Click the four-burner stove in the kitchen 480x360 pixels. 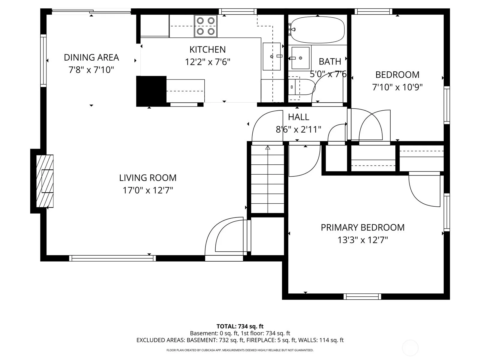pos(205,26)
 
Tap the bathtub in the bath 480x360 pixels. pos(317,30)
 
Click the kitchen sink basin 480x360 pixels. pos(271,56)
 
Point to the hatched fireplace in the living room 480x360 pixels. pos(45,181)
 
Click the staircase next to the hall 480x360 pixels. pos(267,179)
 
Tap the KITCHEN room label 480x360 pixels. pos(208,49)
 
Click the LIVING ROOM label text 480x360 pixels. pos(148,178)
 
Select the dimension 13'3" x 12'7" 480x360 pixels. pos(363,240)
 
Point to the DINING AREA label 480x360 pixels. pos(91,58)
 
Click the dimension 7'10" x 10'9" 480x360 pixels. pos(397,87)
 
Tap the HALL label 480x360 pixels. pos(298,117)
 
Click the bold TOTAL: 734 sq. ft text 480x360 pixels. pos(240,326)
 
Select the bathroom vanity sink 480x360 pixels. pos(301,58)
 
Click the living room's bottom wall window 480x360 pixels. pos(112,258)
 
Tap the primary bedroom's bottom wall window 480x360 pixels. pos(362,297)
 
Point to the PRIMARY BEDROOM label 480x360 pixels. pos(363,227)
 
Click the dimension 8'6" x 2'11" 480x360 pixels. pos(298,130)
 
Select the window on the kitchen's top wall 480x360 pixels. pos(238,11)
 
